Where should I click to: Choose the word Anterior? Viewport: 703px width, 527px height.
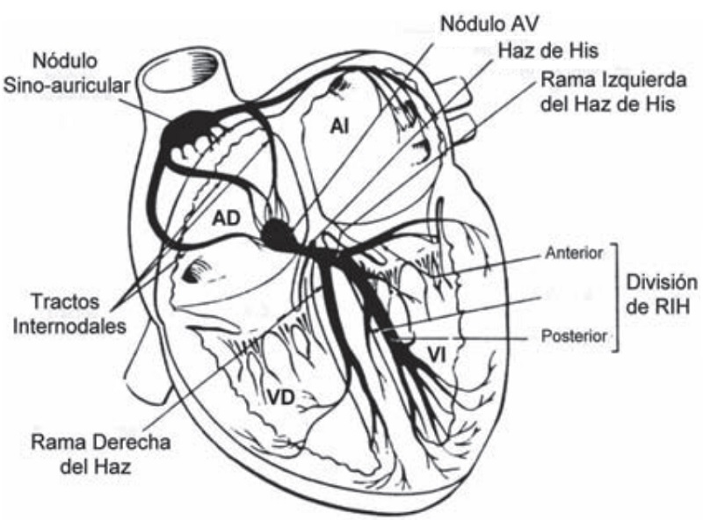coord(573,253)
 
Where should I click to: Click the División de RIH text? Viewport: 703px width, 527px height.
coord(661,295)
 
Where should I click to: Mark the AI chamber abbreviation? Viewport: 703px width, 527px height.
coord(341,126)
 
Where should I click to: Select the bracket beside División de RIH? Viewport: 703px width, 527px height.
coord(619,295)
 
